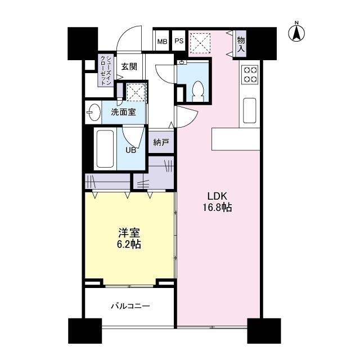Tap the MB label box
161,41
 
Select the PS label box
178,41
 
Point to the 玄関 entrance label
129,66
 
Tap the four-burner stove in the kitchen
250,74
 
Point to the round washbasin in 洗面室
93,112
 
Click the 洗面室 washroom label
123,111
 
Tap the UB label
130,150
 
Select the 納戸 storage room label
161,142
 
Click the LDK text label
217,196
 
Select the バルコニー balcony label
129,307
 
